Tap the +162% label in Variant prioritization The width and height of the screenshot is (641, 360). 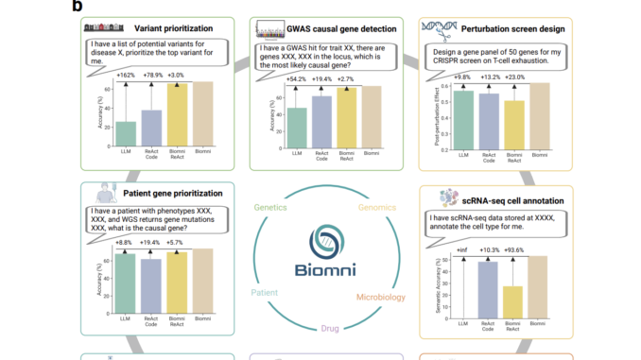point(127,74)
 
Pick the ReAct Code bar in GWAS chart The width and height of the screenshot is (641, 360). point(321,124)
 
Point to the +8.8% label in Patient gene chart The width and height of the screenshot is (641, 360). point(126,242)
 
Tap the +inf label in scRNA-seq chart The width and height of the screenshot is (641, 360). point(461,249)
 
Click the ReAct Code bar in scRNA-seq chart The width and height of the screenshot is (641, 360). point(487,288)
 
